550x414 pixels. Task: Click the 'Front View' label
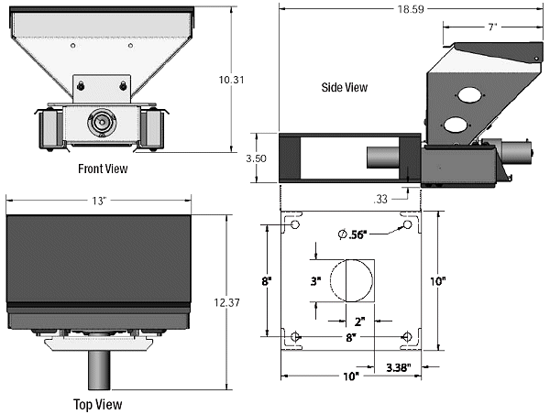coord(103,169)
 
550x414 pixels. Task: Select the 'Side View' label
coord(345,87)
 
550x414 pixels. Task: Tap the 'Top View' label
coord(98,405)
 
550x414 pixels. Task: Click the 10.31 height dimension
coord(232,80)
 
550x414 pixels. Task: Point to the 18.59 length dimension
coord(411,9)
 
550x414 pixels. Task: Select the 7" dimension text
coord(493,27)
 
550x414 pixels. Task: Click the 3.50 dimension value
coord(256,158)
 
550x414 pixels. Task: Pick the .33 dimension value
coord(380,199)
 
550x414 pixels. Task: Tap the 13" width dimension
coord(99,201)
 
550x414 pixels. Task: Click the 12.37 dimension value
coord(227,302)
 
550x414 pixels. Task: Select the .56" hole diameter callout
coord(353,234)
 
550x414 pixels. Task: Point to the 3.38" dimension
coord(399,367)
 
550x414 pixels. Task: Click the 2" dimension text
coord(360,321)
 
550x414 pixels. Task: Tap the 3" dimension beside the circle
coord(315,281)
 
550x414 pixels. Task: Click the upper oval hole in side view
coord(469,94)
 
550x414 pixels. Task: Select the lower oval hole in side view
coord(456,125)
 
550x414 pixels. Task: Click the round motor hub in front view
coord(102,123)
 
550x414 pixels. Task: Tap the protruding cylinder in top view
coord(99,370)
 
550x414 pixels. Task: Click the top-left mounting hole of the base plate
coord(295,224)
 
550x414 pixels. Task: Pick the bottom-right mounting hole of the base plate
coord(407,337)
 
